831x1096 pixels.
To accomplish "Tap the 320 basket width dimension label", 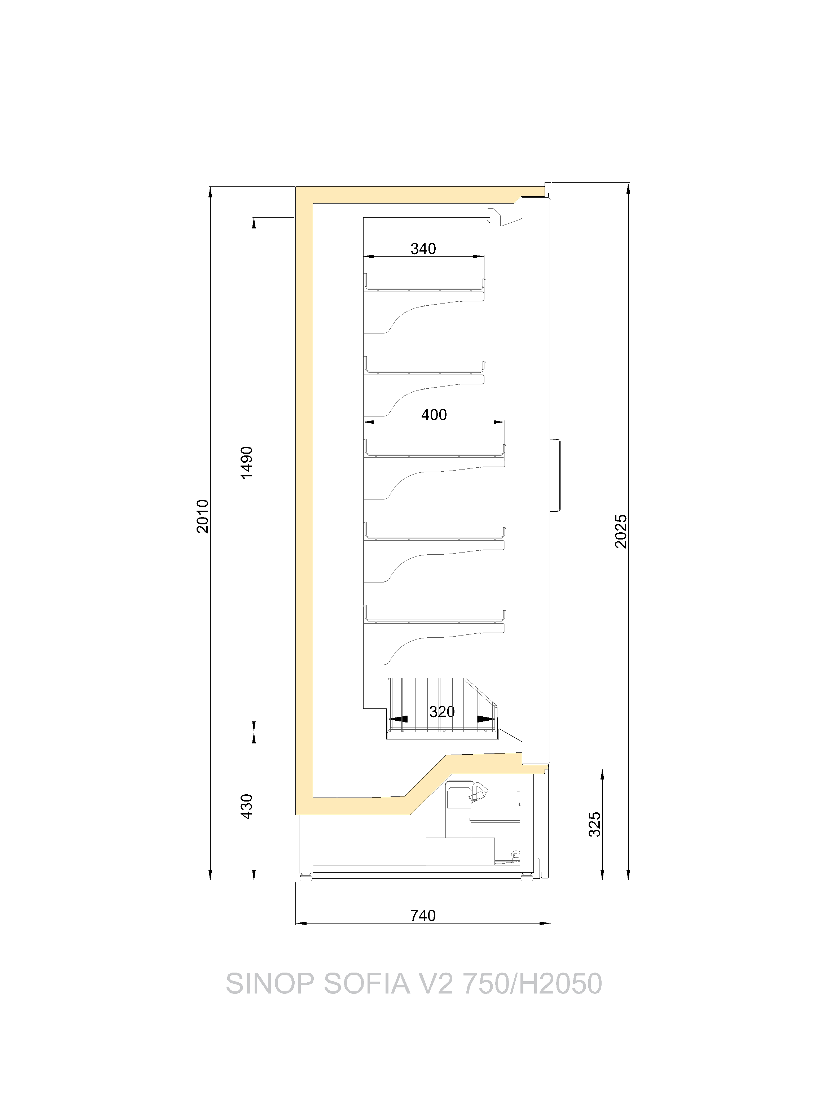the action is (442, 712).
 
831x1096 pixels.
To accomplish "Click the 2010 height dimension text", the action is (203, 516).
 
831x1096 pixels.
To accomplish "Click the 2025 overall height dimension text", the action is (621, 531).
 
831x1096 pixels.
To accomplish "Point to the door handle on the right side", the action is (556, 475).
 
